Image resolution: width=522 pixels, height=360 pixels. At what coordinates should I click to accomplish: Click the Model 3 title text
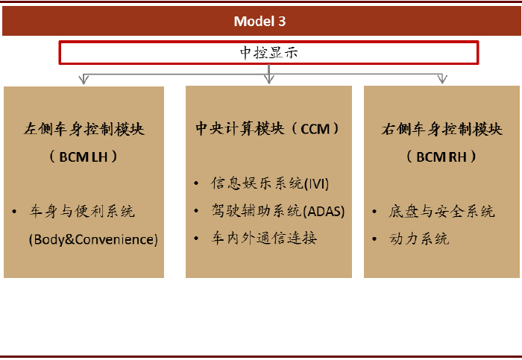click(260, 21)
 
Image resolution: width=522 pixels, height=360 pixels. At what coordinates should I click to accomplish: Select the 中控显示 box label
click(268, 53)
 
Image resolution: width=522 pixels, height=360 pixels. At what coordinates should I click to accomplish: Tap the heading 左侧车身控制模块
click(84, 129)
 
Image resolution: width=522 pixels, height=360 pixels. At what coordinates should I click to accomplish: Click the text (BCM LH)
click(84, 157)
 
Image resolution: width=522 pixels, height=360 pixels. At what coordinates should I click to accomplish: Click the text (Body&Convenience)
click(93, 239)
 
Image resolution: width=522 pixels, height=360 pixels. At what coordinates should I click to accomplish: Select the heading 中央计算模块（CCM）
click(267, 129)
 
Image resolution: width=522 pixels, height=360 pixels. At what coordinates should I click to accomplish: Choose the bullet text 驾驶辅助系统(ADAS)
click(278, 211)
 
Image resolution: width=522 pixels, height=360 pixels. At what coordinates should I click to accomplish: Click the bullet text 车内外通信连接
click(264, 239)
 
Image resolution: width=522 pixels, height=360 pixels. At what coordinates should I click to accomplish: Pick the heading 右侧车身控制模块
click(441, 129)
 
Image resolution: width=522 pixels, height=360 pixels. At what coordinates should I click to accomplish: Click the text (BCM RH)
click(441, 157)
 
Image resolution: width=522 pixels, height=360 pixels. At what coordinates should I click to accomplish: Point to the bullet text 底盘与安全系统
click(441, 212)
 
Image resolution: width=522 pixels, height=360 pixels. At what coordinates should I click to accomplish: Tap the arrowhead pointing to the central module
click(268, 78)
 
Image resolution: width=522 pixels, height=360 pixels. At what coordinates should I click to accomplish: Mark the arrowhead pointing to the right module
click(441, 78)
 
